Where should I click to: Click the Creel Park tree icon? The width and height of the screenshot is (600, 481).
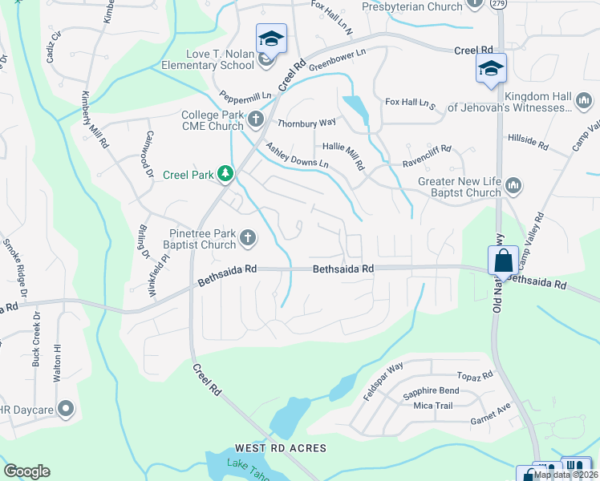(x=226, y=173)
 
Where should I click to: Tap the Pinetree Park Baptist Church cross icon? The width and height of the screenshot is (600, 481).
(x=249, y=237)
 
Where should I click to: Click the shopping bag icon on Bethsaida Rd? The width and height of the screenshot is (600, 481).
(x=502, y=260)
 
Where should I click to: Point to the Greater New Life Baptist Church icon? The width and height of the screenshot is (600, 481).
(x=513, y=186)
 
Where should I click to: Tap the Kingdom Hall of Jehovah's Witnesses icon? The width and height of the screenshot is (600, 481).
(x=583, y=102)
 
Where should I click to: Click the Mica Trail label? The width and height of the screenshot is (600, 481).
(x=434, y=406)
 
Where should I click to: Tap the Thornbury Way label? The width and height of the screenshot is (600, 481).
(x=306, y=123)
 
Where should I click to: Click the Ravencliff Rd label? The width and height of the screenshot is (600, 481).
(x=427, y=150)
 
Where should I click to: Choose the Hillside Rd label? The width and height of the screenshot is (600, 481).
(x=527, y=143)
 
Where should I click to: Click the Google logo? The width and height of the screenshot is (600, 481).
(x=26, y=471)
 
